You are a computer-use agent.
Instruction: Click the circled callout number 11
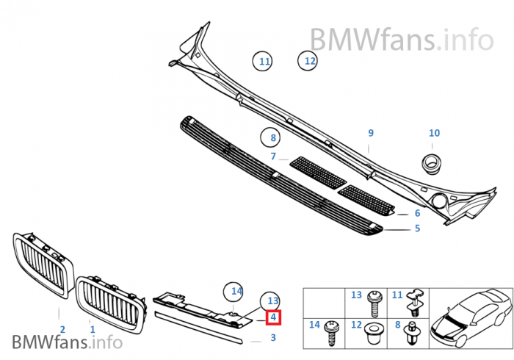[264, 61]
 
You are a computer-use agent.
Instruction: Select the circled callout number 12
[310, 61]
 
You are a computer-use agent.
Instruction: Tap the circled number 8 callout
[272, 137]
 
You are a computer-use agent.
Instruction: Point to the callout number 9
[371, 133]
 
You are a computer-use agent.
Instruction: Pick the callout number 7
[273, 156]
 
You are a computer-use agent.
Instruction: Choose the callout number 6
[417, 213]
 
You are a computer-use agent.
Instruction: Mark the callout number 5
[417, 228]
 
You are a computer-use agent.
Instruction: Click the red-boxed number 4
[273, 317]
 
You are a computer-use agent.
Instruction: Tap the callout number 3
[273, 338]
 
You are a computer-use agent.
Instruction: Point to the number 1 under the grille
[93, 330]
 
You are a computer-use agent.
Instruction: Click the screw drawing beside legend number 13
[376, 298]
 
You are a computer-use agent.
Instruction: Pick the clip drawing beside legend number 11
[416, 298]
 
